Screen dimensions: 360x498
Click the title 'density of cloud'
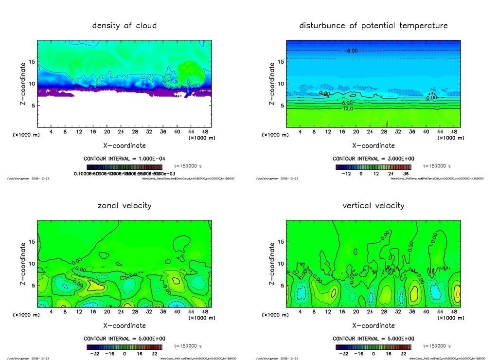pos(124,25)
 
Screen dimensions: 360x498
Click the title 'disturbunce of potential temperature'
pos(373,25)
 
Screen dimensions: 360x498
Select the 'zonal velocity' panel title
pos(124,205)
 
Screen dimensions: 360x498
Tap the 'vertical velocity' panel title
pos(373,205)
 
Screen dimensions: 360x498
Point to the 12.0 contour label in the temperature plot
pos(348,108)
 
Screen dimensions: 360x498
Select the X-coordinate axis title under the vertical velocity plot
pos(373,325)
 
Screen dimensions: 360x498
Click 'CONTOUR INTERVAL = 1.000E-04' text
pos(124,159)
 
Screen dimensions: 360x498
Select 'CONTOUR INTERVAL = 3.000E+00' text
pos(373,159)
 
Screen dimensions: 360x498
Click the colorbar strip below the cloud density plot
pos(124,167)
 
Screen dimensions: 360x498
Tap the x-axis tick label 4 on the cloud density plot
pos(51,132)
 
